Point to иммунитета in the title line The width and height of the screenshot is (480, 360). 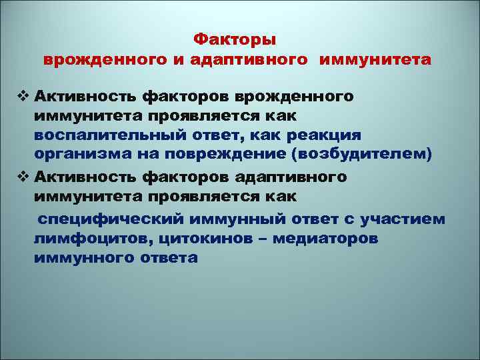pos(375,59)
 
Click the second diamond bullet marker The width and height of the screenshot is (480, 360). pos(25,177)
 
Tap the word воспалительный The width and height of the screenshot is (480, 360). pos(97,135)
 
